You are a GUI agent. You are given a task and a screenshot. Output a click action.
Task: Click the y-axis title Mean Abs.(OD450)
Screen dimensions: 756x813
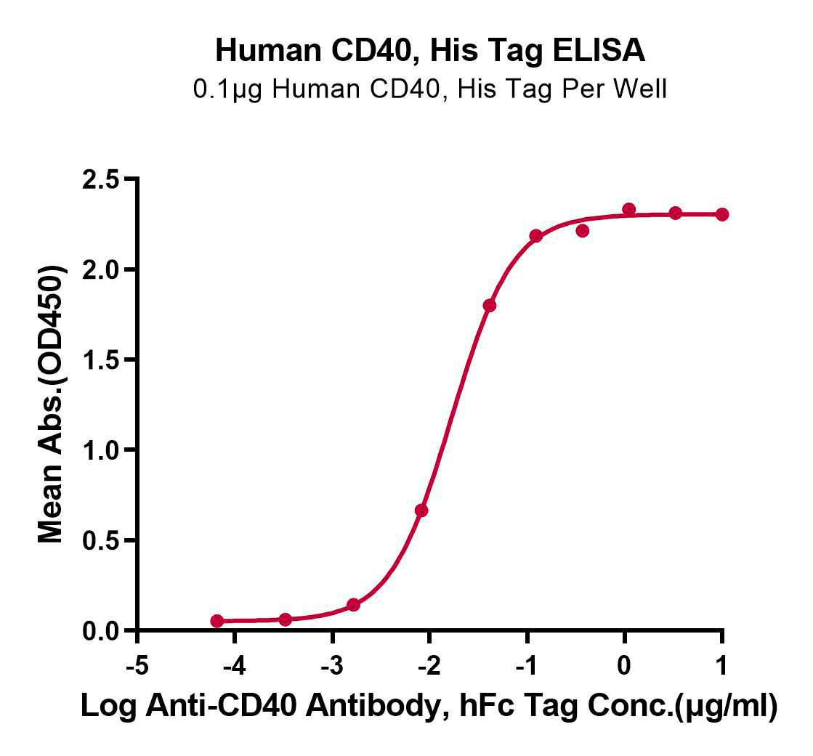[51, 405]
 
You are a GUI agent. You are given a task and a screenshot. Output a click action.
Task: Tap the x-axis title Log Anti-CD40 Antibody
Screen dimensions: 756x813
[429, 707]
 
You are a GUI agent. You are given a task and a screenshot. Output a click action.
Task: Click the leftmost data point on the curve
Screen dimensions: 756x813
[217, 621]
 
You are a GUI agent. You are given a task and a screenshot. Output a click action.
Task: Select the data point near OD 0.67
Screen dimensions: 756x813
[421, 511]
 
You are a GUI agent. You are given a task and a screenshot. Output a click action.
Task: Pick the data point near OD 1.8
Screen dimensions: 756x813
[490, 305]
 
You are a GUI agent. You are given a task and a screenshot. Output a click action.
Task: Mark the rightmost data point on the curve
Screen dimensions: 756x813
[721, 214]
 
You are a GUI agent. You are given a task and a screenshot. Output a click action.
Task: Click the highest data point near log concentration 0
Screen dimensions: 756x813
[629, 210]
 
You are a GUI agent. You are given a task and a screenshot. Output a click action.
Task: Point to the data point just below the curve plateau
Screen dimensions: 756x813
[582, 230]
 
